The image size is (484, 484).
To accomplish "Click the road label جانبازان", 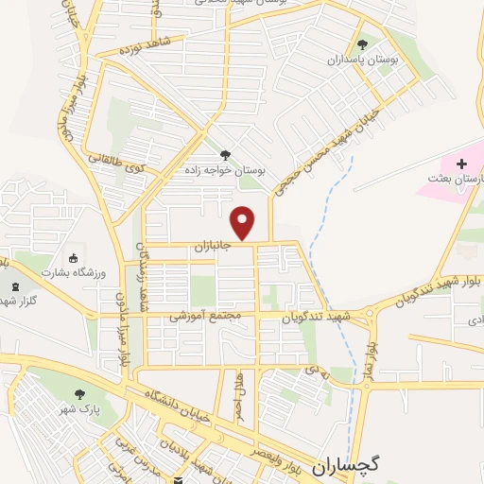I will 214,246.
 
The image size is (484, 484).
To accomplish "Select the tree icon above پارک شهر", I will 79,392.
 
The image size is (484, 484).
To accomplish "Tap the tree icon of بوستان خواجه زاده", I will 224,155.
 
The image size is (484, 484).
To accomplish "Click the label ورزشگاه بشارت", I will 68,271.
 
